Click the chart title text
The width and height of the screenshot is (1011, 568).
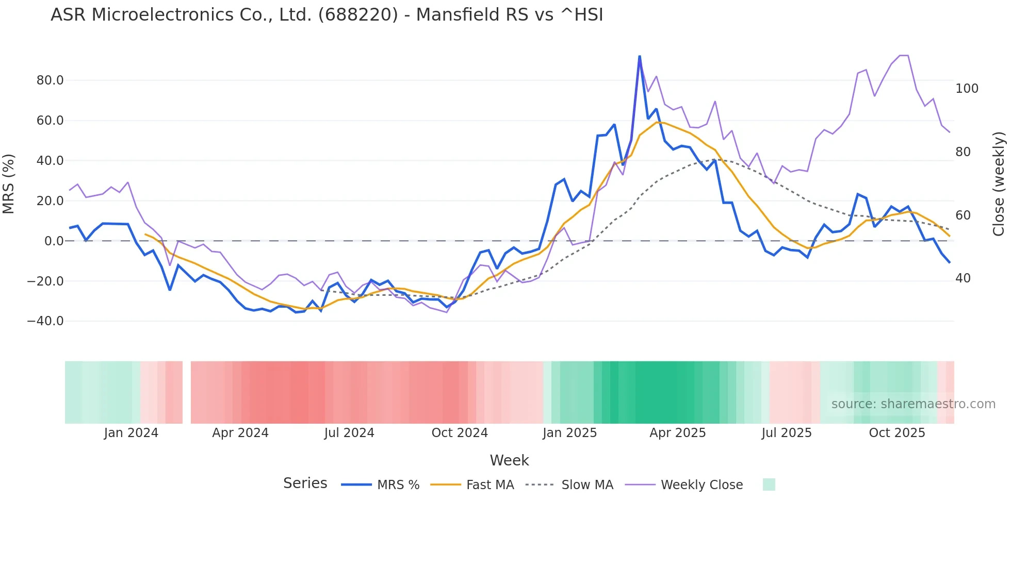click(327, 15)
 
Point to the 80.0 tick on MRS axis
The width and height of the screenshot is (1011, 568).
click(50, 80)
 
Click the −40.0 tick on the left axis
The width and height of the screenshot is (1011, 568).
click(45, 321)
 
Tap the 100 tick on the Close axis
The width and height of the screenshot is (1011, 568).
click(967, 89)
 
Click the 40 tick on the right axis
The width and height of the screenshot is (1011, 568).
click(963, 278)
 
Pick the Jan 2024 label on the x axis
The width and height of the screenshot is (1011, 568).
click(131, 433)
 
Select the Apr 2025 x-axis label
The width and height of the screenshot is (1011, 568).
click(677, 433)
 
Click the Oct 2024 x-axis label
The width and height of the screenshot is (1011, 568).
click(460, 433)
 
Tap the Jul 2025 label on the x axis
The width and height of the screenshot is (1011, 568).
click(786, 433)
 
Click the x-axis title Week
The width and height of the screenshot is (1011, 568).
click(509, 460)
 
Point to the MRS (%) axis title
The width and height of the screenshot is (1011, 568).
click(9, 183)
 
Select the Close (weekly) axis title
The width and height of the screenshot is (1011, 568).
click(999, 183)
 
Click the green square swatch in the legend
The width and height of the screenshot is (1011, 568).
click(769, 485)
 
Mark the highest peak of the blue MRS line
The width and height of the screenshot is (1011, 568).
click(640, 56)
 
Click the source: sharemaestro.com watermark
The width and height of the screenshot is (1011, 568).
click(913, 404)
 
